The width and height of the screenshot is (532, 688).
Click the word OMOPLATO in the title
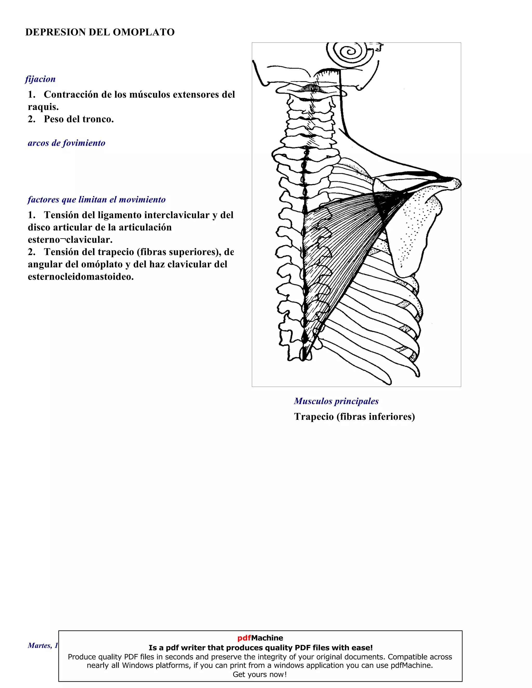click(x=143, y=32)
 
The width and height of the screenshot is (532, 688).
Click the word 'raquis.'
click(x=43, y=107)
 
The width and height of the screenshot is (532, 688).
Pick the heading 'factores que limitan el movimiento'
click(x=96, y=199)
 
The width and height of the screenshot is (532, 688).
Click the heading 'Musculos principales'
click(x=336, y=401)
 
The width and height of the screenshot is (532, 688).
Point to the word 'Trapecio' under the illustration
click(x=314, y=416)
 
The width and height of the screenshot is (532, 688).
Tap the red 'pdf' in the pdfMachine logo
click(x=244, y=638)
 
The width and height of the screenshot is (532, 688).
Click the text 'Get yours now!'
click(x=260, y=674)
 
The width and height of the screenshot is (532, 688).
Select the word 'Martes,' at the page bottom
click(x=40, y=645)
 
